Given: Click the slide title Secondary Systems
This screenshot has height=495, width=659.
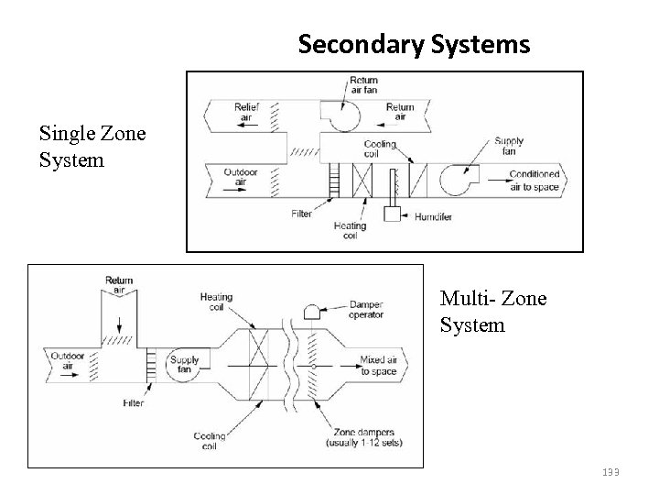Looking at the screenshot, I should (414, 43).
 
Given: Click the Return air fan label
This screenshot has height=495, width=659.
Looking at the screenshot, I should (363, 86).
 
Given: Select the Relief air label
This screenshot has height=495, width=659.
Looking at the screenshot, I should (246, 112).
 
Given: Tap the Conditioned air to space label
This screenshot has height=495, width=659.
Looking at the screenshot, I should (534, 180).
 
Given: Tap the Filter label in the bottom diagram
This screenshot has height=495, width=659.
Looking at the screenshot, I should (134, 402).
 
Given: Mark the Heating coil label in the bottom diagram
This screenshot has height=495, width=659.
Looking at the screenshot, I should (216, 302).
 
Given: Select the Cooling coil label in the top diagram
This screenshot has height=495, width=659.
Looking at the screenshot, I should (379, 149).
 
